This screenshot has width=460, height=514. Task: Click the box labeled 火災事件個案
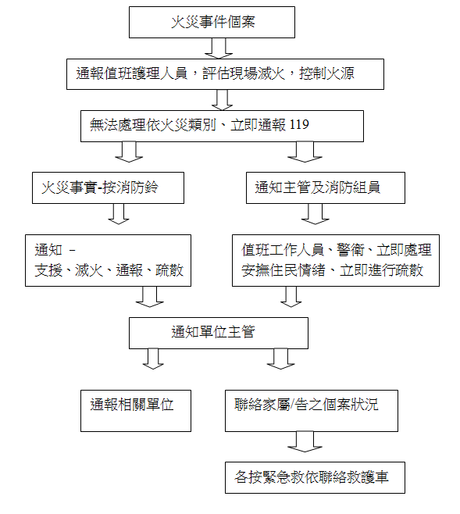pyautogui.click(x=212, y=23)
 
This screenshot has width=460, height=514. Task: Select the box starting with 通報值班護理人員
pyautogui.click(x=225, y=74)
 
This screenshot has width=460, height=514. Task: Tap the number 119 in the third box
pyautogui.click(x=299, y=124)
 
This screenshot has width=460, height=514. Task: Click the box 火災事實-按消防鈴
pyautogui.click(x=108, y=187)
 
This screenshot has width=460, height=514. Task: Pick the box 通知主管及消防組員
pyautogui.click(x=326, y=187)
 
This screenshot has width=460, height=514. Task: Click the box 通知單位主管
pyautogui.click(x=218, y=333)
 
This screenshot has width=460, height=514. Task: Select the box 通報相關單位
pyautogui.click(x=136, y=411)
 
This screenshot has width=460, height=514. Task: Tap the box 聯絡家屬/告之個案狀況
pyautogui.click(x=312, y=411)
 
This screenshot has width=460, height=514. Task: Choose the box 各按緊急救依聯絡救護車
pyautogui.click(x=315, y=477)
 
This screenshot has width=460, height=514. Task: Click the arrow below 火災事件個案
pyautogui.click(x=219, y=48)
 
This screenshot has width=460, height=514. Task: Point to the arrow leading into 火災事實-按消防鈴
pyautogui.click(x=129, y=152)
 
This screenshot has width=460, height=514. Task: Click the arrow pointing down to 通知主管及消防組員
pyautogui.click(x=305, y=152)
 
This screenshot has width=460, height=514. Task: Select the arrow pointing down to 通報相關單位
pyautogui.click(x=153, y=359)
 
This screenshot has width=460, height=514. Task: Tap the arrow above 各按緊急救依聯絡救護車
pyautogui.click(x=305, y=442)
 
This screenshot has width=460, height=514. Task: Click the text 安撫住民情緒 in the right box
pyautogui.click(x=283, y=270)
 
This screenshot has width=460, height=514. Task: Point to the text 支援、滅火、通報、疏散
pyautogui.click(x=109, y=270)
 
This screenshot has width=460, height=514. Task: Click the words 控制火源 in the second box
pyautogui.click(x=326, y=73)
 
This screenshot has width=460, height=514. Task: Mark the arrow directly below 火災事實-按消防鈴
pyautogui.click(x=118, y=214)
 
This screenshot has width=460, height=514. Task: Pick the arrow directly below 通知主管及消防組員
pyautogui.click(x=315, y=214)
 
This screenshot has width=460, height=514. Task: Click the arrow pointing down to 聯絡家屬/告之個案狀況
pyautogui.click(x=280, y=359)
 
